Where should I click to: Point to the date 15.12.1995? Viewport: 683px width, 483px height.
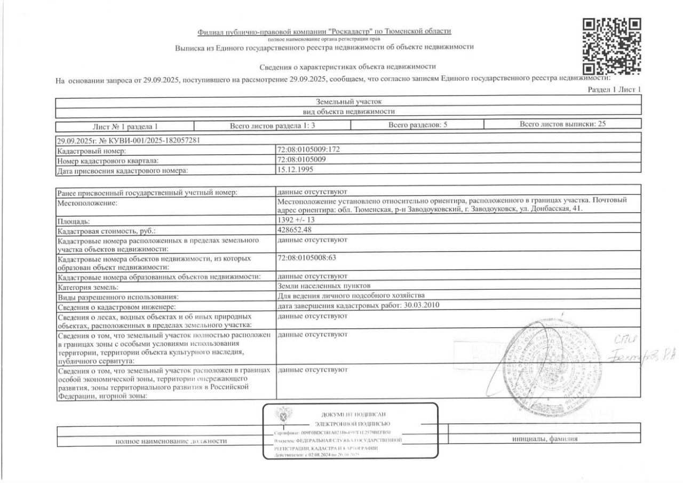(295, 170)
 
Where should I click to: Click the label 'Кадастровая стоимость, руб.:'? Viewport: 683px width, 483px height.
(107, 231)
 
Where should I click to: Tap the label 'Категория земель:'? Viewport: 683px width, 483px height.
(87, 287)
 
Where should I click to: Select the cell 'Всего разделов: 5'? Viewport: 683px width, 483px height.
(417, 125)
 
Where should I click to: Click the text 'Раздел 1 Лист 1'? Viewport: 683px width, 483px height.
(614, 90)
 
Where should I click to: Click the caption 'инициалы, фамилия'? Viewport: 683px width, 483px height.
(544, 439)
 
